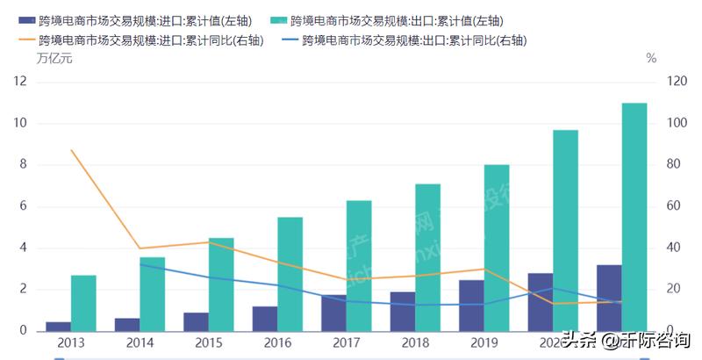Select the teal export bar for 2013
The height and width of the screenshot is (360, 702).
click(x=83, y=303)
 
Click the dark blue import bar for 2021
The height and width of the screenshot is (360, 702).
click(x=609, y=298)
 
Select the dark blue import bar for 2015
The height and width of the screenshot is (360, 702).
click(x=196, y=321)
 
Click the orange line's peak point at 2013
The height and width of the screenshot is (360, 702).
click(x=71, y=150)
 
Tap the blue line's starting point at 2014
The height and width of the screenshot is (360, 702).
click(x=140, y=264)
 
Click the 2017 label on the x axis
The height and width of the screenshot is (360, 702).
click(x=347, y=342)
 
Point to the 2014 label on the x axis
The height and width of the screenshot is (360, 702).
click(x=140, y=342)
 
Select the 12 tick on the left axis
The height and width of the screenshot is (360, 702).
click(x=20, y=83)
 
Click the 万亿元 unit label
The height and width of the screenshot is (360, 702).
click(x=54, y=59)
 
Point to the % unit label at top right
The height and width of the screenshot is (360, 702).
click(x=651, y=59)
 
